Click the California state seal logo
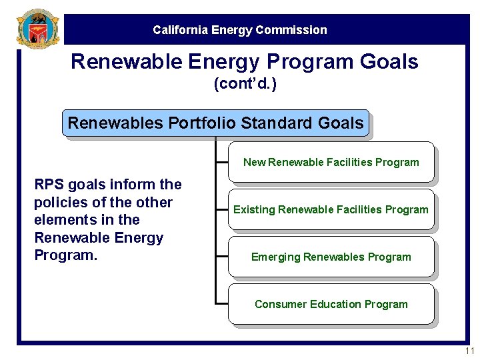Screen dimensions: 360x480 click(x=37, y=29)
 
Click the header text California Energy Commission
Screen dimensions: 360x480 click(x=240, y=30)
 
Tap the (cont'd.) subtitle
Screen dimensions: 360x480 click(x=245, y=85)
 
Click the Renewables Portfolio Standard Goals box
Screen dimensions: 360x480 click(x=215, y=123)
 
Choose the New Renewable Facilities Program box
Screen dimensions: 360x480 click(x=331, y=162)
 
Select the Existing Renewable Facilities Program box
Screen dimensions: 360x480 click(x=331, y=209)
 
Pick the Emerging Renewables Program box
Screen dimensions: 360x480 click(x=331, y=257)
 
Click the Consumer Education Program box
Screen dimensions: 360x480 click(x=331, y=304)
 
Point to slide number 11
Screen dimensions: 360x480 click(x=469, y=351)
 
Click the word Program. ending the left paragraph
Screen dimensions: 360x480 click(x=65, y=255)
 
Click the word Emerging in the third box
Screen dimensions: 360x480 click(x=275, y=257)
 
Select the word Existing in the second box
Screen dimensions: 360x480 click(x=253, y=209)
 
